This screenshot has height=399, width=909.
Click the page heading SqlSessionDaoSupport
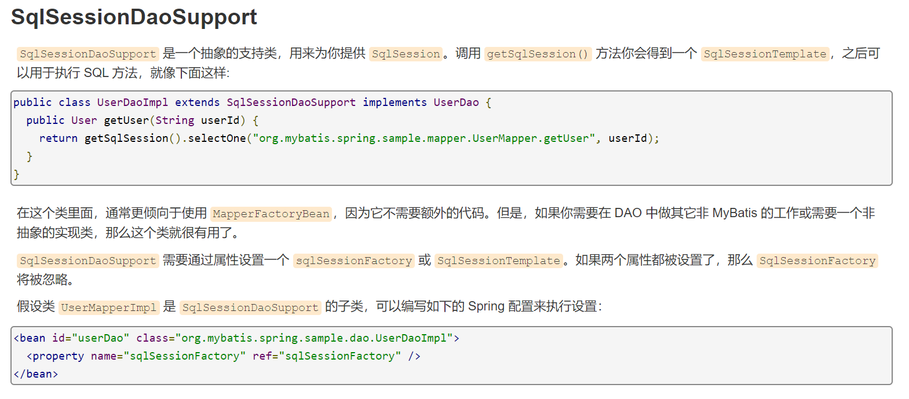pyautogui.click(x=134, y=17)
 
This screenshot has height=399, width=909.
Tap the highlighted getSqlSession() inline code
pyautogui.click(x=538, y=54)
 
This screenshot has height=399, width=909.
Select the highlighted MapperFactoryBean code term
pyautogui.click(x=271, y=214)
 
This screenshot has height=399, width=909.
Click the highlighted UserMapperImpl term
pyautogui.click(x=109, y=308)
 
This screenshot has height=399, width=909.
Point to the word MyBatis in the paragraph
pyautogui.click(x=735, y=213)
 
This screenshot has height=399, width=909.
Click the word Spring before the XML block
pyautogui.click(x=486, y=306)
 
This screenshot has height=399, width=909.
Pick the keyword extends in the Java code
pyautogui.click(x=198, y=103)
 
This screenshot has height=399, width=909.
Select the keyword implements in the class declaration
pyautogui.click(x=395, y=103)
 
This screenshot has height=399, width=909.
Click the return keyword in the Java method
pyautogui.click(x=59, y=138)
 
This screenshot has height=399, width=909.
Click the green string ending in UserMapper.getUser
pyautogui.click(x=425, y=138)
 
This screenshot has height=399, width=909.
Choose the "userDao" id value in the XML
pyautogui.click(x=100, y=338)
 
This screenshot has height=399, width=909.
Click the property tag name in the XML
pyautogui.click(x=58, y=356)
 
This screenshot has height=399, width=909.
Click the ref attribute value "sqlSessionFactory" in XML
pyautogui.click(x=340, y=356)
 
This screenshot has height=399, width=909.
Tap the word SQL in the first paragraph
pyautogui.click(x=96, y=74)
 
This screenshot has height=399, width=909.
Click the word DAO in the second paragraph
pyautogui.click(x=628, y=213)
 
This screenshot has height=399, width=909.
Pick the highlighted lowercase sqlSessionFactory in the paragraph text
pyautogui.click(x=353, y=261)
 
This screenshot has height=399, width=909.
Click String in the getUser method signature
pyautogui.click(x=174, y=120)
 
